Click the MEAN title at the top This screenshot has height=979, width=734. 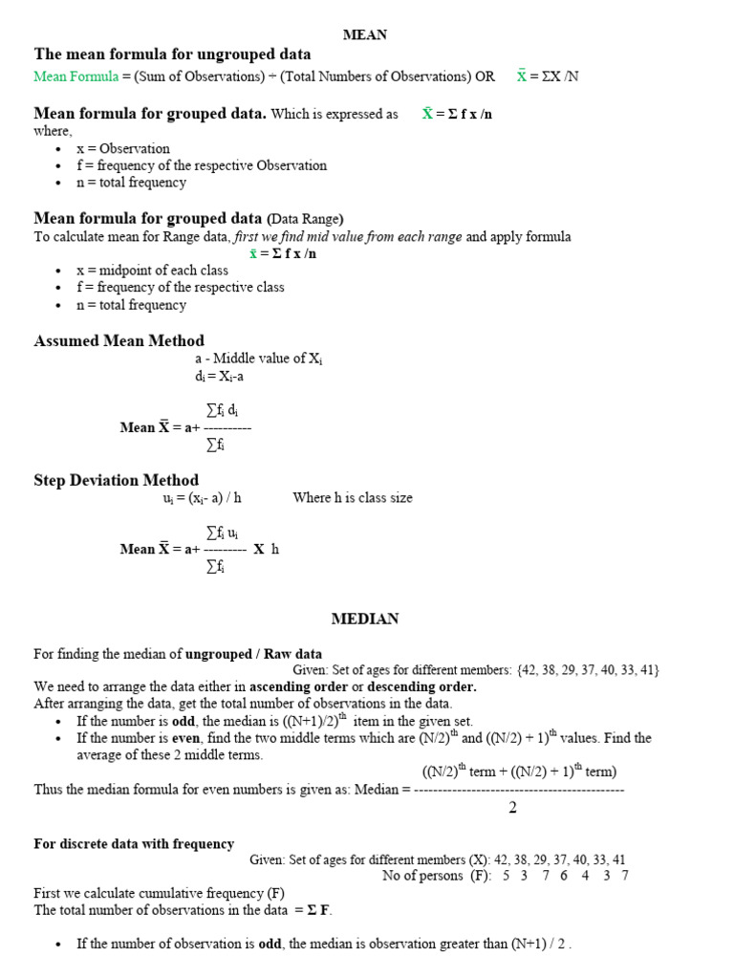(365, 34)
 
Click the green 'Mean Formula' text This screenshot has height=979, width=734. (76, 76)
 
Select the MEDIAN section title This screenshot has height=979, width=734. (365, 619)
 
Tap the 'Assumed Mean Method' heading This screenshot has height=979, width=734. (119, 340)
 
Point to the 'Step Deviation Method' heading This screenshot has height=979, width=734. (117, 480)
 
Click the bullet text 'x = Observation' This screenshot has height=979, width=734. (123, 148)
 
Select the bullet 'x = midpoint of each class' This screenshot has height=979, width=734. (152, 271)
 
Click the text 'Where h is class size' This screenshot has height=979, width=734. (353, 498)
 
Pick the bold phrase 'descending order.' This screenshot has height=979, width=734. (421, 686)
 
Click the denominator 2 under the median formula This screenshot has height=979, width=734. (512, 808)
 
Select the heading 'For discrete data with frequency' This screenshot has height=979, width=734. (134, 843)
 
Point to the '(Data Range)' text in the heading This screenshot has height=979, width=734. (305, 218)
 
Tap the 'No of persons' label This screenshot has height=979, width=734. (421, 876)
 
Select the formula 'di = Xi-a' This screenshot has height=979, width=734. (219, 377)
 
